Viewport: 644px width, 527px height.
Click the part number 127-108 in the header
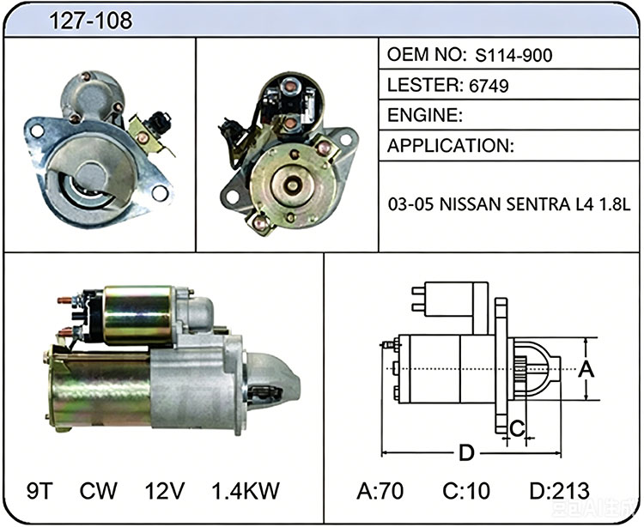[91, 20]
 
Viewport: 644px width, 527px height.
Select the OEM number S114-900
[513, 55]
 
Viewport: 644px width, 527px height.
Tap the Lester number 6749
[489, 85]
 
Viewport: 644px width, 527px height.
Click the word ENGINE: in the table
[425, 115]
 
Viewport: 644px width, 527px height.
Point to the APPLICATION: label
[451, 145]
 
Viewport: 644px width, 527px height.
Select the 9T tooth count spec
[39, 490]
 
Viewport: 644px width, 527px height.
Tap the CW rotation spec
[98, 490]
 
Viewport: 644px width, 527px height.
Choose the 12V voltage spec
[164, 490]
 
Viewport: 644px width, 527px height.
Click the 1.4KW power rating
[246, 490]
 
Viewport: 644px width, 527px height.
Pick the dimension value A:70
[380, 490]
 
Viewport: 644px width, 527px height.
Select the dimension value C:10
[466, 490]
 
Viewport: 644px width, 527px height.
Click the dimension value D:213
[559, 490]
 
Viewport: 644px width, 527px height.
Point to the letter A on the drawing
[586, 368]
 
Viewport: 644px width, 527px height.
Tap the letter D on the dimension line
[466, 453]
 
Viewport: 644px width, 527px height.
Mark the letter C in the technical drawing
[517, 428]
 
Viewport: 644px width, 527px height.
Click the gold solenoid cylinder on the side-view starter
[137, 315]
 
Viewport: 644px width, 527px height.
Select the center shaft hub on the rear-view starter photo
[292, 185]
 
